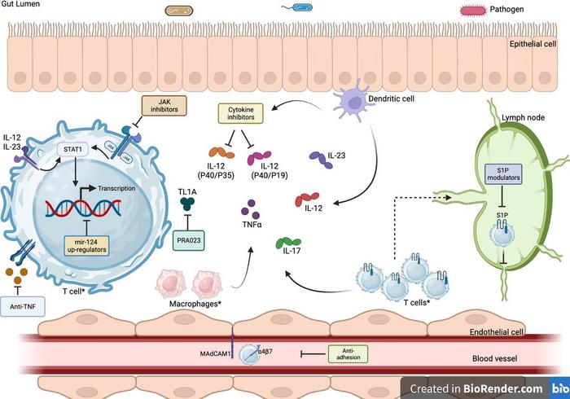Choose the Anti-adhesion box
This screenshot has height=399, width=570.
(x=347, y=353)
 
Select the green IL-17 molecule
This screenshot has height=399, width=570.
(x=290, y=242)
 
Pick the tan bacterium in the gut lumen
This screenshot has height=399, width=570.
(x=179, y=11)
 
